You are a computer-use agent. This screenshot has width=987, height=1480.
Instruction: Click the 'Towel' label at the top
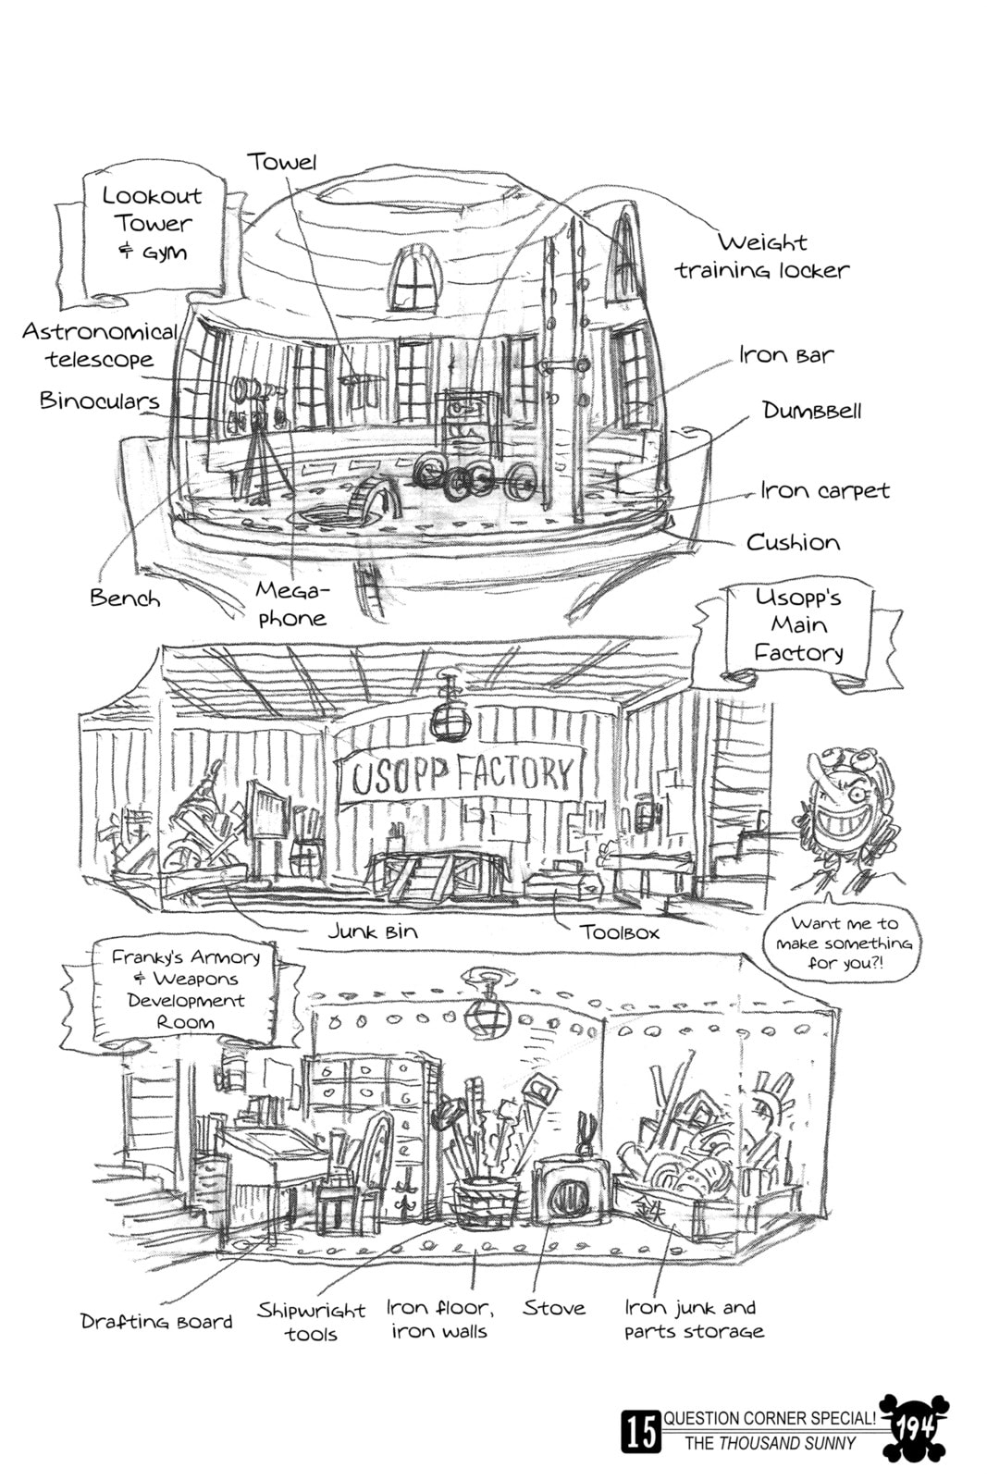pos(282,161)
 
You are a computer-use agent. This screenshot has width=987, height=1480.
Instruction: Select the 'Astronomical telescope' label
pos(100,345)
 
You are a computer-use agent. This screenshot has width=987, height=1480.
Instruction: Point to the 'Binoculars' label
pos(99,401)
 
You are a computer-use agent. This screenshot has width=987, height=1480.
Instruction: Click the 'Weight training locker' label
pos(761,256)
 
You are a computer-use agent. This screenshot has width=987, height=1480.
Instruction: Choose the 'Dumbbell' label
pos(812,411)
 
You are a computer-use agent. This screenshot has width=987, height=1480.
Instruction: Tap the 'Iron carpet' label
pos(824,490)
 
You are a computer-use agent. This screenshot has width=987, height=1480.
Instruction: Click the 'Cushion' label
pos(793,542)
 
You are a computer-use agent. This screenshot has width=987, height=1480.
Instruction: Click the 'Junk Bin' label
pos(373,931)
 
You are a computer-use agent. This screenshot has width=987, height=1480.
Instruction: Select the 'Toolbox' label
pos(619,932)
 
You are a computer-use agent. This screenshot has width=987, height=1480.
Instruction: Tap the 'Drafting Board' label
pos(156,1321)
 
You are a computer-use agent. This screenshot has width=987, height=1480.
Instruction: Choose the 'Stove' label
pos(553,1308)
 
